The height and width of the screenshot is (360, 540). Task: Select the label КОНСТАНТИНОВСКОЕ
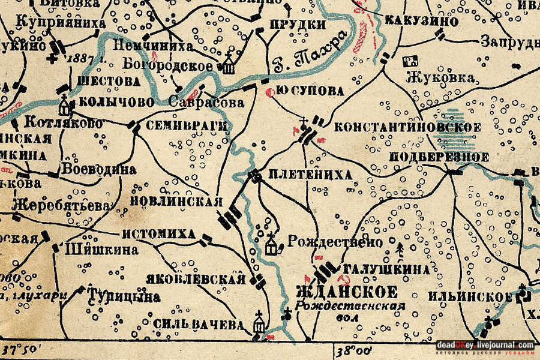pos(407,127)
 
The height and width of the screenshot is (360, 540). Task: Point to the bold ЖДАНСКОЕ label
pos(347,293)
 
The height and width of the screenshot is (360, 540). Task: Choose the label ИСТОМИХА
pos(158,234)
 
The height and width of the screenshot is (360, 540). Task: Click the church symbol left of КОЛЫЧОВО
pos(64,107)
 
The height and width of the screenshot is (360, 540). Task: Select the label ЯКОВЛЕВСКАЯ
pos(196,279)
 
